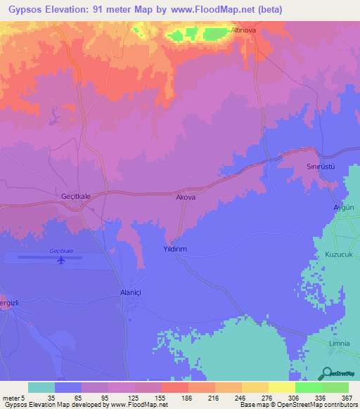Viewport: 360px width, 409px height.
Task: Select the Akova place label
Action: coord(185,198)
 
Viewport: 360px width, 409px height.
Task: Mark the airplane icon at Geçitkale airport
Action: coord(61,261)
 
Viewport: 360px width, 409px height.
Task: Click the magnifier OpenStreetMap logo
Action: coord(328,374)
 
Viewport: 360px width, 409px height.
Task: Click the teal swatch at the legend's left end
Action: coord(41,387)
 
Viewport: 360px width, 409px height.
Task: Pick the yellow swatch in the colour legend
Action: coord(282,387)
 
